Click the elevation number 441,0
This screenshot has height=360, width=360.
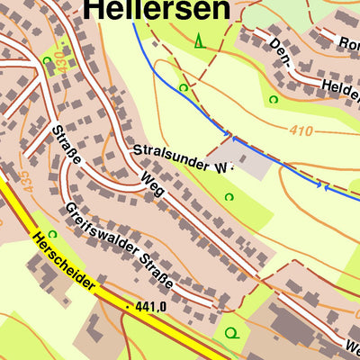click(152, 308)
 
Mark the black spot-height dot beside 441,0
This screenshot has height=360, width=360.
click(129, 308)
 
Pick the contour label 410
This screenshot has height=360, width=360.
click(301, 131)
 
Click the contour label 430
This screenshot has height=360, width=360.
click(61, 61)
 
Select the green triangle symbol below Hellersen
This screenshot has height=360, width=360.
click(199, 40)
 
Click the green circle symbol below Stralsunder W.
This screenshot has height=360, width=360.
click(229, 197)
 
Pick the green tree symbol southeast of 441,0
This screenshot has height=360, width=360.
click(231, 333)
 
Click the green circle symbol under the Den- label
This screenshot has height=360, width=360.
click(274, 99)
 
